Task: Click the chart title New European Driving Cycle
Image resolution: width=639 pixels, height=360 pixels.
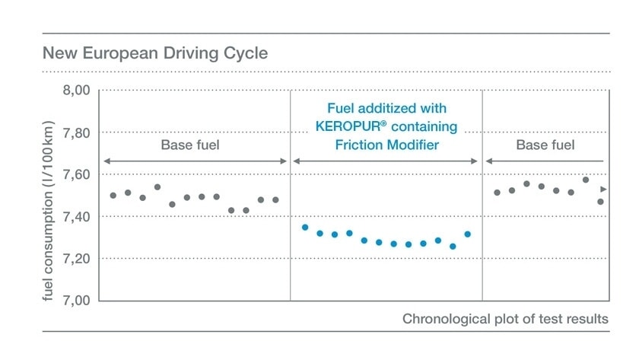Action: pyautogui.click(x=154, y=54)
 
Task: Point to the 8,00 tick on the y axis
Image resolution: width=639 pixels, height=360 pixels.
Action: pyautogui.click(x=75, y=91)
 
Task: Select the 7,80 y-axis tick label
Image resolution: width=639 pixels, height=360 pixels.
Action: pyautogui.click(x=75, y=133)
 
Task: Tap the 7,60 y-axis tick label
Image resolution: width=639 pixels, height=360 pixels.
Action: pyautogui.click(x=75, y=175)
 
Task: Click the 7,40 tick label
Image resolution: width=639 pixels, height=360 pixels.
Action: pyautogui.click(x=75, y=217)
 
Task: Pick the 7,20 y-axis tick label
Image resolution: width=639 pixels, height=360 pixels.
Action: pyautogui.click(x=75, y=259)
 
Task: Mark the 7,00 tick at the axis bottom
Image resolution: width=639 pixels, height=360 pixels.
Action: pyautogui.click(x=75, y=301)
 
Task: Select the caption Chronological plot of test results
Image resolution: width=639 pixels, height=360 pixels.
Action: pyautogui.click(x=505, y=319)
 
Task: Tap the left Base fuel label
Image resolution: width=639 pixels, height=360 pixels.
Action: pyautogui.click(x=189, y=145)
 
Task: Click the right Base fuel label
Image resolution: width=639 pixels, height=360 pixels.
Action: pyautogui.click(x=545, y=145)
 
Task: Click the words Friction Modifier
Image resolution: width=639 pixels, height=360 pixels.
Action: pyautogui.click(x=386, y=145)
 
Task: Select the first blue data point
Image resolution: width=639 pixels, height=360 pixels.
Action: pyautogui.click(x=305, y=227)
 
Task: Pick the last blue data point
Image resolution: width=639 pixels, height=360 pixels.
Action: pyautogui.click(x=467, y=234)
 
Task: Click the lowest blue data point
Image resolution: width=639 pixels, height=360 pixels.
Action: pyautogui.click(x=453, y=247)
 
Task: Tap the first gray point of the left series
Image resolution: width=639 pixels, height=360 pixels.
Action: pyautogui.click(x=113, y=196)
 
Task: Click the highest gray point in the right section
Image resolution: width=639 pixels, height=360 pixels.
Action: pyautogui.click(x=586, y=180)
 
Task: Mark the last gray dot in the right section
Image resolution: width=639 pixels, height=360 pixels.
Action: pyautogui.click(x=600, y=202)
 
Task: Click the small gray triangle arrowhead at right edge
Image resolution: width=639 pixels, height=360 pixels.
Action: pyautogui.click(x=604, y=189)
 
